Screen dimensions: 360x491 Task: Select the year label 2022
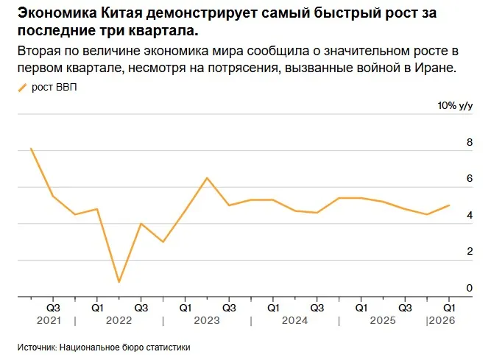point(119,321)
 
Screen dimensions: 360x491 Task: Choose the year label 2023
point(207,321)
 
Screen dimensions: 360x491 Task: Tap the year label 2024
point(294,321)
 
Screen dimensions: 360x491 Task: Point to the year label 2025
point(382,321)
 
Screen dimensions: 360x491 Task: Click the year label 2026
point(442,321)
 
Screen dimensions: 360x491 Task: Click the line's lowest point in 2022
point(119,281)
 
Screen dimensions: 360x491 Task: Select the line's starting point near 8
point(31,149)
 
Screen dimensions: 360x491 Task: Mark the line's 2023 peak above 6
point(207,178)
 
